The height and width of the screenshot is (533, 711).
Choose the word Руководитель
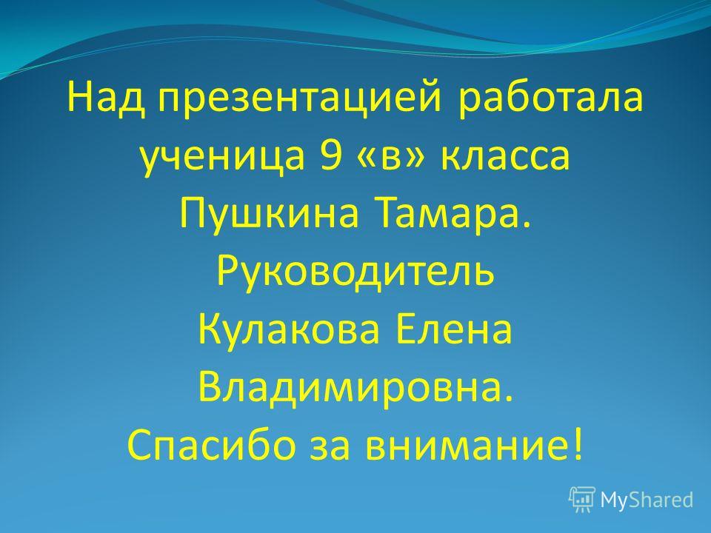(x=355, y=272)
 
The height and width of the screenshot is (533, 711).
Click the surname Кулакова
(x=288, y=329)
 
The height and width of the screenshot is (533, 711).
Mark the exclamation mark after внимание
(x=576, y=445)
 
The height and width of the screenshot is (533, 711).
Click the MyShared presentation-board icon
(x=582, y=500)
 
